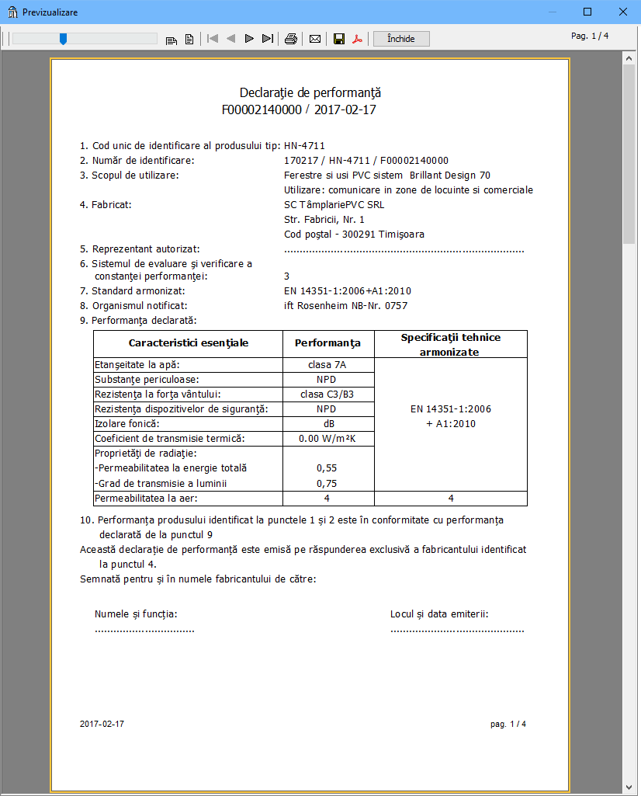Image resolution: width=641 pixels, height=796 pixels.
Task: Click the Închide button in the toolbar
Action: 401,39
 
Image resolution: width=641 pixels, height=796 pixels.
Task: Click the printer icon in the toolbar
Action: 291,39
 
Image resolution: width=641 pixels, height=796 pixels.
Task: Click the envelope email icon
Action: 315,39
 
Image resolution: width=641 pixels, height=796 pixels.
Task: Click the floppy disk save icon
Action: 339,39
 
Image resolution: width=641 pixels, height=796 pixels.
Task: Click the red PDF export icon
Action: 358,39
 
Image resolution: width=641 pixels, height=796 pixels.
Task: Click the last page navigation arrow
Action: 268,39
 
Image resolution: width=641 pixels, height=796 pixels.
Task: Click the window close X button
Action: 622,12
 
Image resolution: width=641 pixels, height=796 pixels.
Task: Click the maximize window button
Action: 587,12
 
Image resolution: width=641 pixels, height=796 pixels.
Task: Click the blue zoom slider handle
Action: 63,39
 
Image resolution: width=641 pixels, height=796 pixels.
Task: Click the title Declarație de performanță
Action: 299,93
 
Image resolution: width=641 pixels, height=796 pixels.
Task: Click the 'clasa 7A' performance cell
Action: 326,365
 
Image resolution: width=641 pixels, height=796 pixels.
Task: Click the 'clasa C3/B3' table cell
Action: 327,395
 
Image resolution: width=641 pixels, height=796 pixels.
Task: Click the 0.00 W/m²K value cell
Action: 327,439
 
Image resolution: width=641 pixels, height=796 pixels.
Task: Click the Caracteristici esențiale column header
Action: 189,342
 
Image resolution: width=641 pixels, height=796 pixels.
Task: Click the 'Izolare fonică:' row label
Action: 126,424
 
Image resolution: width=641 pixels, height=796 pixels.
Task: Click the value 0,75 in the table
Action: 327,483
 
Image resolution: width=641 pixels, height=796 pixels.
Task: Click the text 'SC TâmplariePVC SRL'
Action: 334,205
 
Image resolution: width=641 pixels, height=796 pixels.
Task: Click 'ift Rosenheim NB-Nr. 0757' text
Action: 345,305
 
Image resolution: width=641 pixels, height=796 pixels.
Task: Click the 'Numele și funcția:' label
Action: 136,614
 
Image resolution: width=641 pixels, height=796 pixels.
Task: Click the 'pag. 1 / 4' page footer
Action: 508,724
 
